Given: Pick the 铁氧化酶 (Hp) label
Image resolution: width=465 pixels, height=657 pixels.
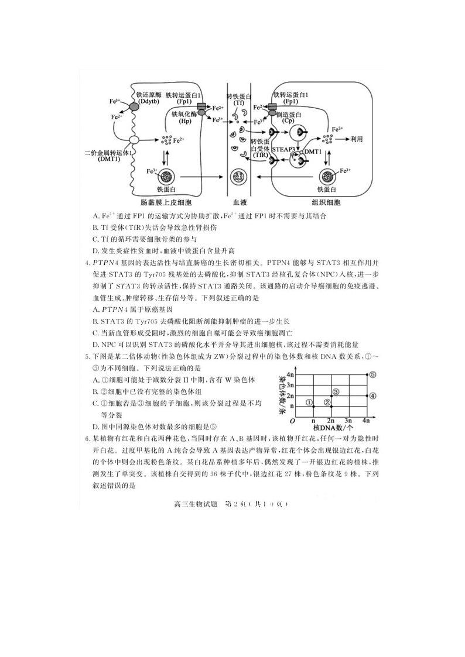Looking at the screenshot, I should (x=185, y=118).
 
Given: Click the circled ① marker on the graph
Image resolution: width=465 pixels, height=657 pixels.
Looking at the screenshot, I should (x=310, y=402).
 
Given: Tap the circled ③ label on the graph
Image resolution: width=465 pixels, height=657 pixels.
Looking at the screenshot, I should (x=336, y=391).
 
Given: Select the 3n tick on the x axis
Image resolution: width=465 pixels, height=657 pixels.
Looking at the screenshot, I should (x=348, y=421).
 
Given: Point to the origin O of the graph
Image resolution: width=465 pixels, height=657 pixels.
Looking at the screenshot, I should (x=292, y=421).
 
